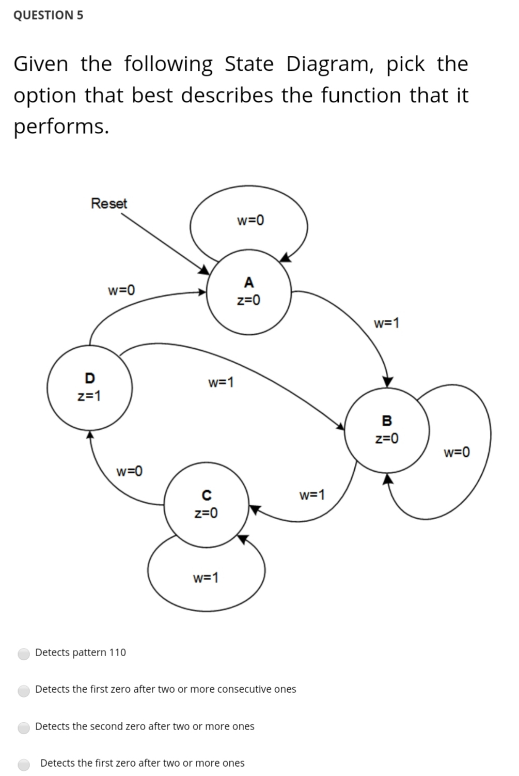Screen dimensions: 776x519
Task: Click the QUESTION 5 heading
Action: click(x=48, y=15)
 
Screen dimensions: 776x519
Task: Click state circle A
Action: click(x=249, y=292)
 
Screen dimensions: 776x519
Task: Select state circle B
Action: click(x=387, y=429)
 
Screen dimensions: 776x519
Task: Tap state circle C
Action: click(x=206, y=504)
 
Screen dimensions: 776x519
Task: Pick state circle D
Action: click(x=89, y=387)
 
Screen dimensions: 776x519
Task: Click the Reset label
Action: click(x=108, y=204)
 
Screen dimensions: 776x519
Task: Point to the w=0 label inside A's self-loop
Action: click(x=250, y=221)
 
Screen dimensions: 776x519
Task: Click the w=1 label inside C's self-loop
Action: click(x=206, y=578)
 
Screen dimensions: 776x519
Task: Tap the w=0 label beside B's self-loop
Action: click(x=457, y=453)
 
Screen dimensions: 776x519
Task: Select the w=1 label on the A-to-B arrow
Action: click(x=386, y=324)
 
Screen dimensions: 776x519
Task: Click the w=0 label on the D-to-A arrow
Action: click(x=121, y=290)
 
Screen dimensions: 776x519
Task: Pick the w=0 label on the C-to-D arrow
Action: click(x=130, y=471)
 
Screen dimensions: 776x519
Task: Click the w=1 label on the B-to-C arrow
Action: click(x=312, y=495)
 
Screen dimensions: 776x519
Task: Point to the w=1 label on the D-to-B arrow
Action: click(x=221, y=383)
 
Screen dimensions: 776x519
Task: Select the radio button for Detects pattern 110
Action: click(x=24, y=654)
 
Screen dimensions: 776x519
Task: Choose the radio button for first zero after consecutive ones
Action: click(x=24, y=690)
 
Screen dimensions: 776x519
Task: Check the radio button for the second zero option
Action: click(x=24, y=727)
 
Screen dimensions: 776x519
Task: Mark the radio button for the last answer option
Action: click(x=24, y=764)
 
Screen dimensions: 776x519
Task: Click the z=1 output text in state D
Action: click(x=89, y=396)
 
